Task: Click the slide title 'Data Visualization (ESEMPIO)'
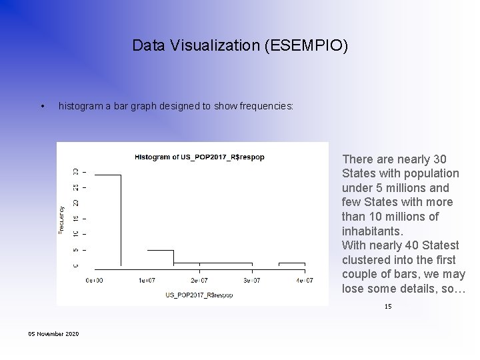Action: pyautogui.click(x=239, y=45)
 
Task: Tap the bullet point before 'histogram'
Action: pyautogui.click(x=42, y=106)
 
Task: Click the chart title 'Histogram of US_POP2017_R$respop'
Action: pyautogui.click(x=199, y=157)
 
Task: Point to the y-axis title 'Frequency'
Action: pyautogui.click(x=61, y=219)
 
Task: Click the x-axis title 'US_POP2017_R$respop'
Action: pyautogui.click(x=199, y=295)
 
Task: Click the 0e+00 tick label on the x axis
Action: pyautogui.click(x=94, y=281)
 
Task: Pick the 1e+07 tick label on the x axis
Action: pyautogui.click(x=147, y=281)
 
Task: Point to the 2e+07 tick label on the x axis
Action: pyautogui.click(x=199, y=281)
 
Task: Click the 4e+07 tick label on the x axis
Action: pyautogui.click(x=303, y=281)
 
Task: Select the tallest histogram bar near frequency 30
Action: pyautogui.click(x=107, y=220)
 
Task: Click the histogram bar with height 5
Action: pyautogui.click(x=160, y=259)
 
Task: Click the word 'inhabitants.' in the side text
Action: pyautogui.click(x=372, y=231)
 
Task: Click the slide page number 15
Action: pyautogui.click(x=388, y=307)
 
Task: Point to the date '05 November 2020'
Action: pyautogui.click(x=53, y=333)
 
